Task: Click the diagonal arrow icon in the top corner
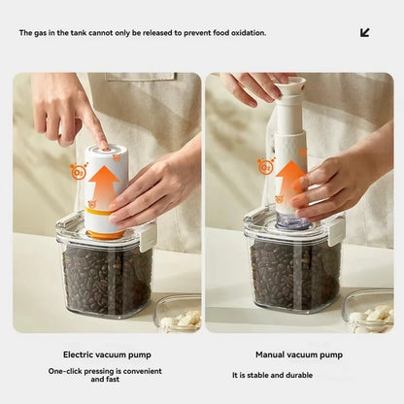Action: click(365, 32)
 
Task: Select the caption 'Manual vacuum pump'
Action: click(298, 354)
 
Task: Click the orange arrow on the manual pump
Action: click(290, 182)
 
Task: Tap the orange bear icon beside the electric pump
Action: click(79, 172)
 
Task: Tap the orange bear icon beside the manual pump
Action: click(265, 166)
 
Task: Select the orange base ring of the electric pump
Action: click(105, 233)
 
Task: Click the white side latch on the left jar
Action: click(149, 236)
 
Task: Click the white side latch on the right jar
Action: click(336, 230)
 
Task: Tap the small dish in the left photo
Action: click(179, 313)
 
